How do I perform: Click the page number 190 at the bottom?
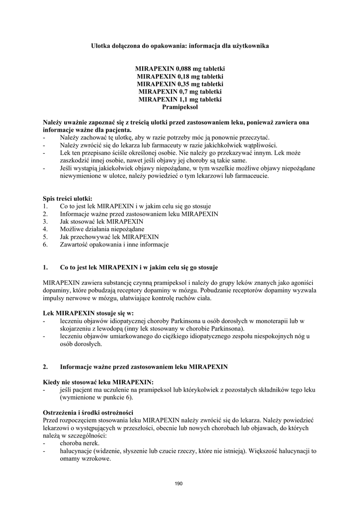coord(180,483)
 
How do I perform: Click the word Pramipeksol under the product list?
coord(180,107)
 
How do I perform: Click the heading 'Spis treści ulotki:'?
coord(68,198)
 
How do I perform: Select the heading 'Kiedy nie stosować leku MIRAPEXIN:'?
coord(98,382)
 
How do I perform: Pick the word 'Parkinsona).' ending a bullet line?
coord(227,329)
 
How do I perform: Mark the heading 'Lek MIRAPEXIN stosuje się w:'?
coord(89,313)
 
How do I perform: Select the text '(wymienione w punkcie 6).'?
coord(96,398)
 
